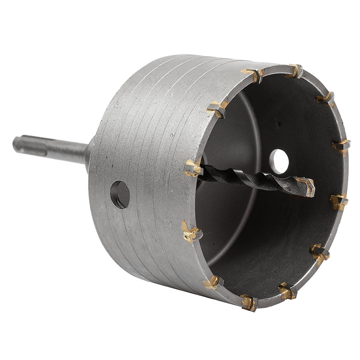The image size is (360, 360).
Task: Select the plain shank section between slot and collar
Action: (x=66, y=153)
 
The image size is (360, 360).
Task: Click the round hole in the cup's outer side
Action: (x=120, y=194)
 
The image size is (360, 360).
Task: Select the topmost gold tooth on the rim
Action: (x=295, y=70)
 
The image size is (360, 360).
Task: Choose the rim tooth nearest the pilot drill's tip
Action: (x=338, y=201)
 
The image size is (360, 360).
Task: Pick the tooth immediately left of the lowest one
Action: (x=211, y=282)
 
